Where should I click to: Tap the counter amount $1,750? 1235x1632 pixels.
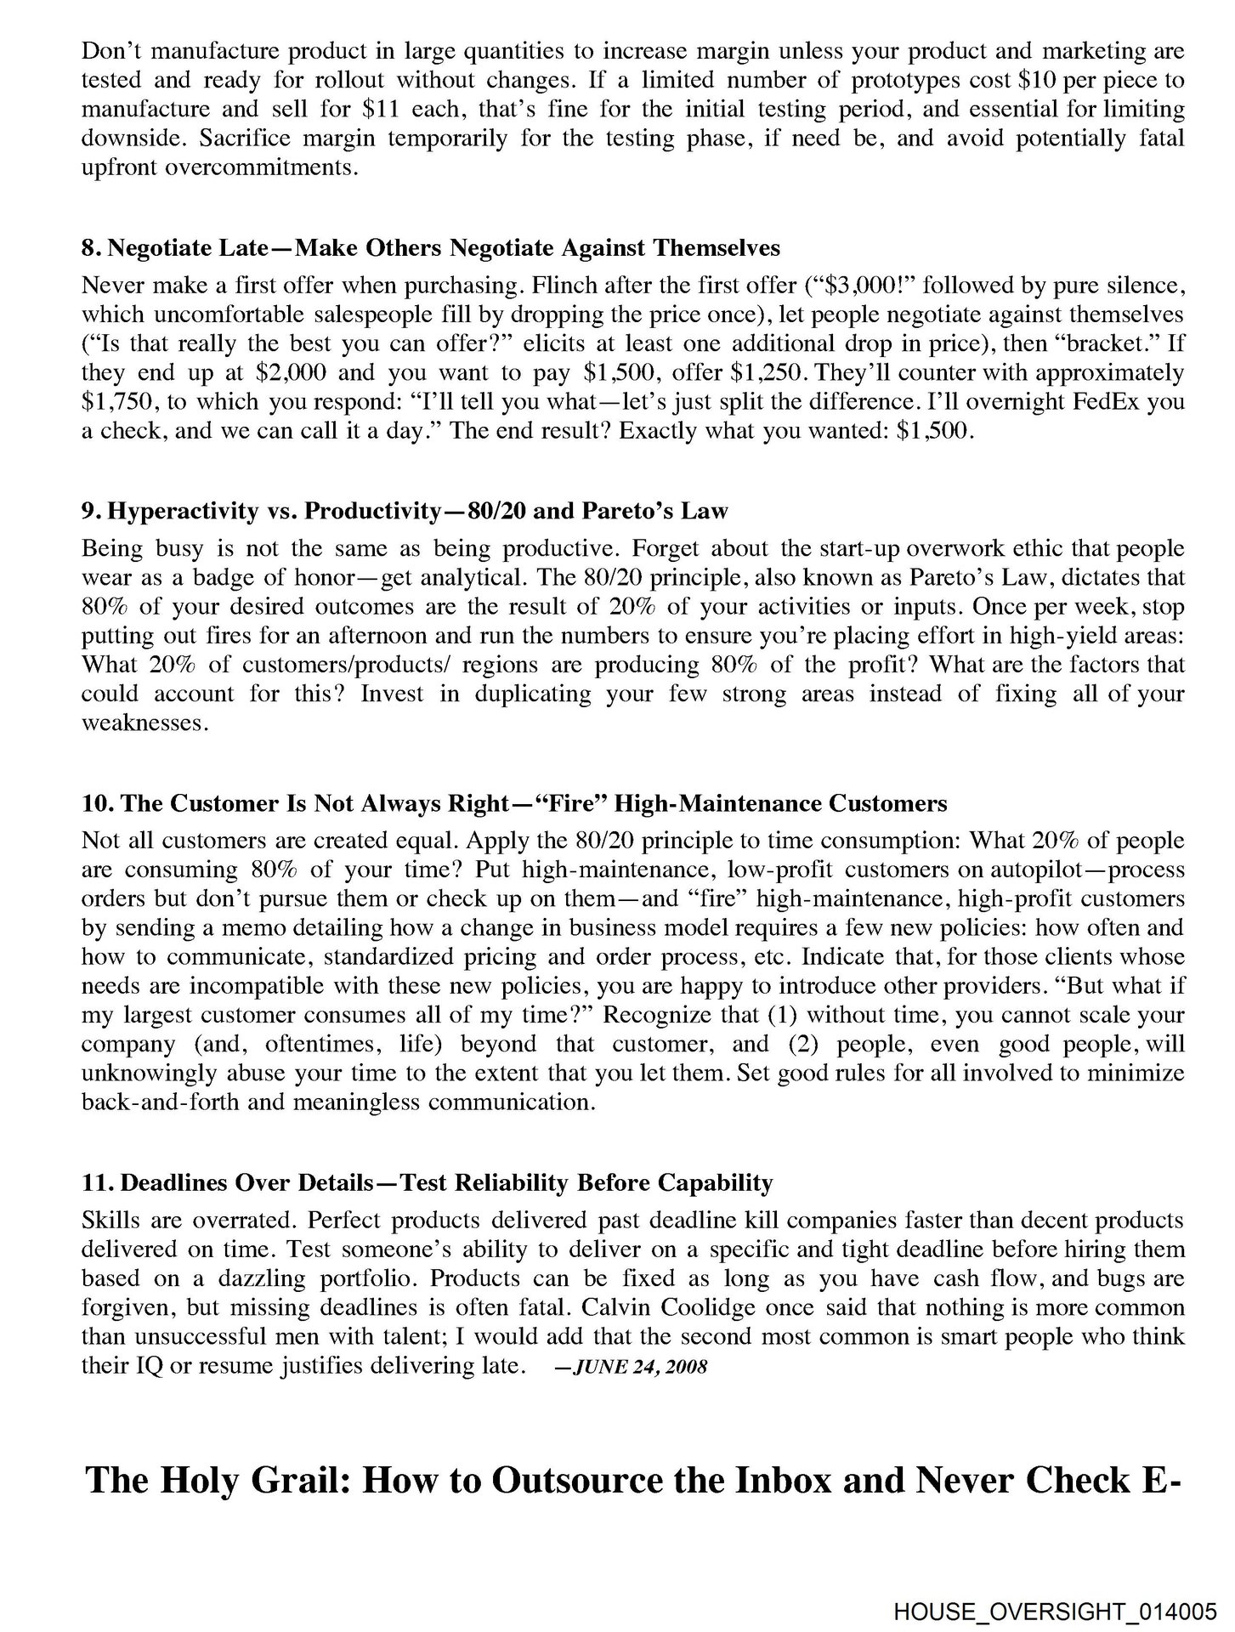115,401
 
